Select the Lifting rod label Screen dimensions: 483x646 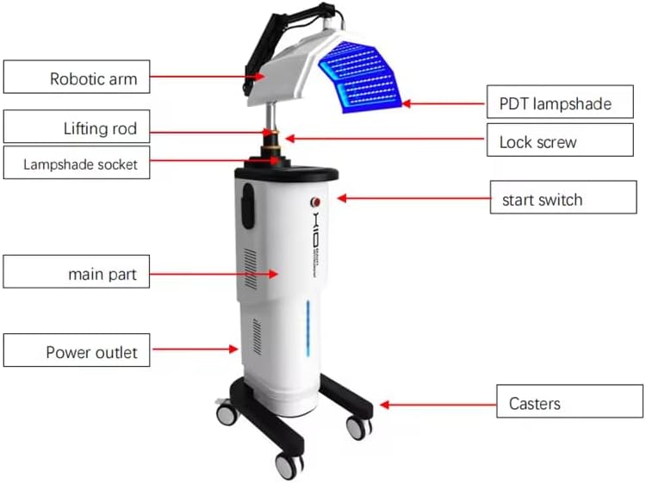click(76, 129)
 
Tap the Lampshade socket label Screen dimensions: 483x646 click(76, 164)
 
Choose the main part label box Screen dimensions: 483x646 click(76, 275)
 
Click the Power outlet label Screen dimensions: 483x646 click(76, 351)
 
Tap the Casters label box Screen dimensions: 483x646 click(568, 402)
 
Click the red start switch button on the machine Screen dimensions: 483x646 click(315, 201)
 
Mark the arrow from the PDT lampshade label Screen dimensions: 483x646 click(444, 103)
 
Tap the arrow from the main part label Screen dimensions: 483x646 click(212, 273)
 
